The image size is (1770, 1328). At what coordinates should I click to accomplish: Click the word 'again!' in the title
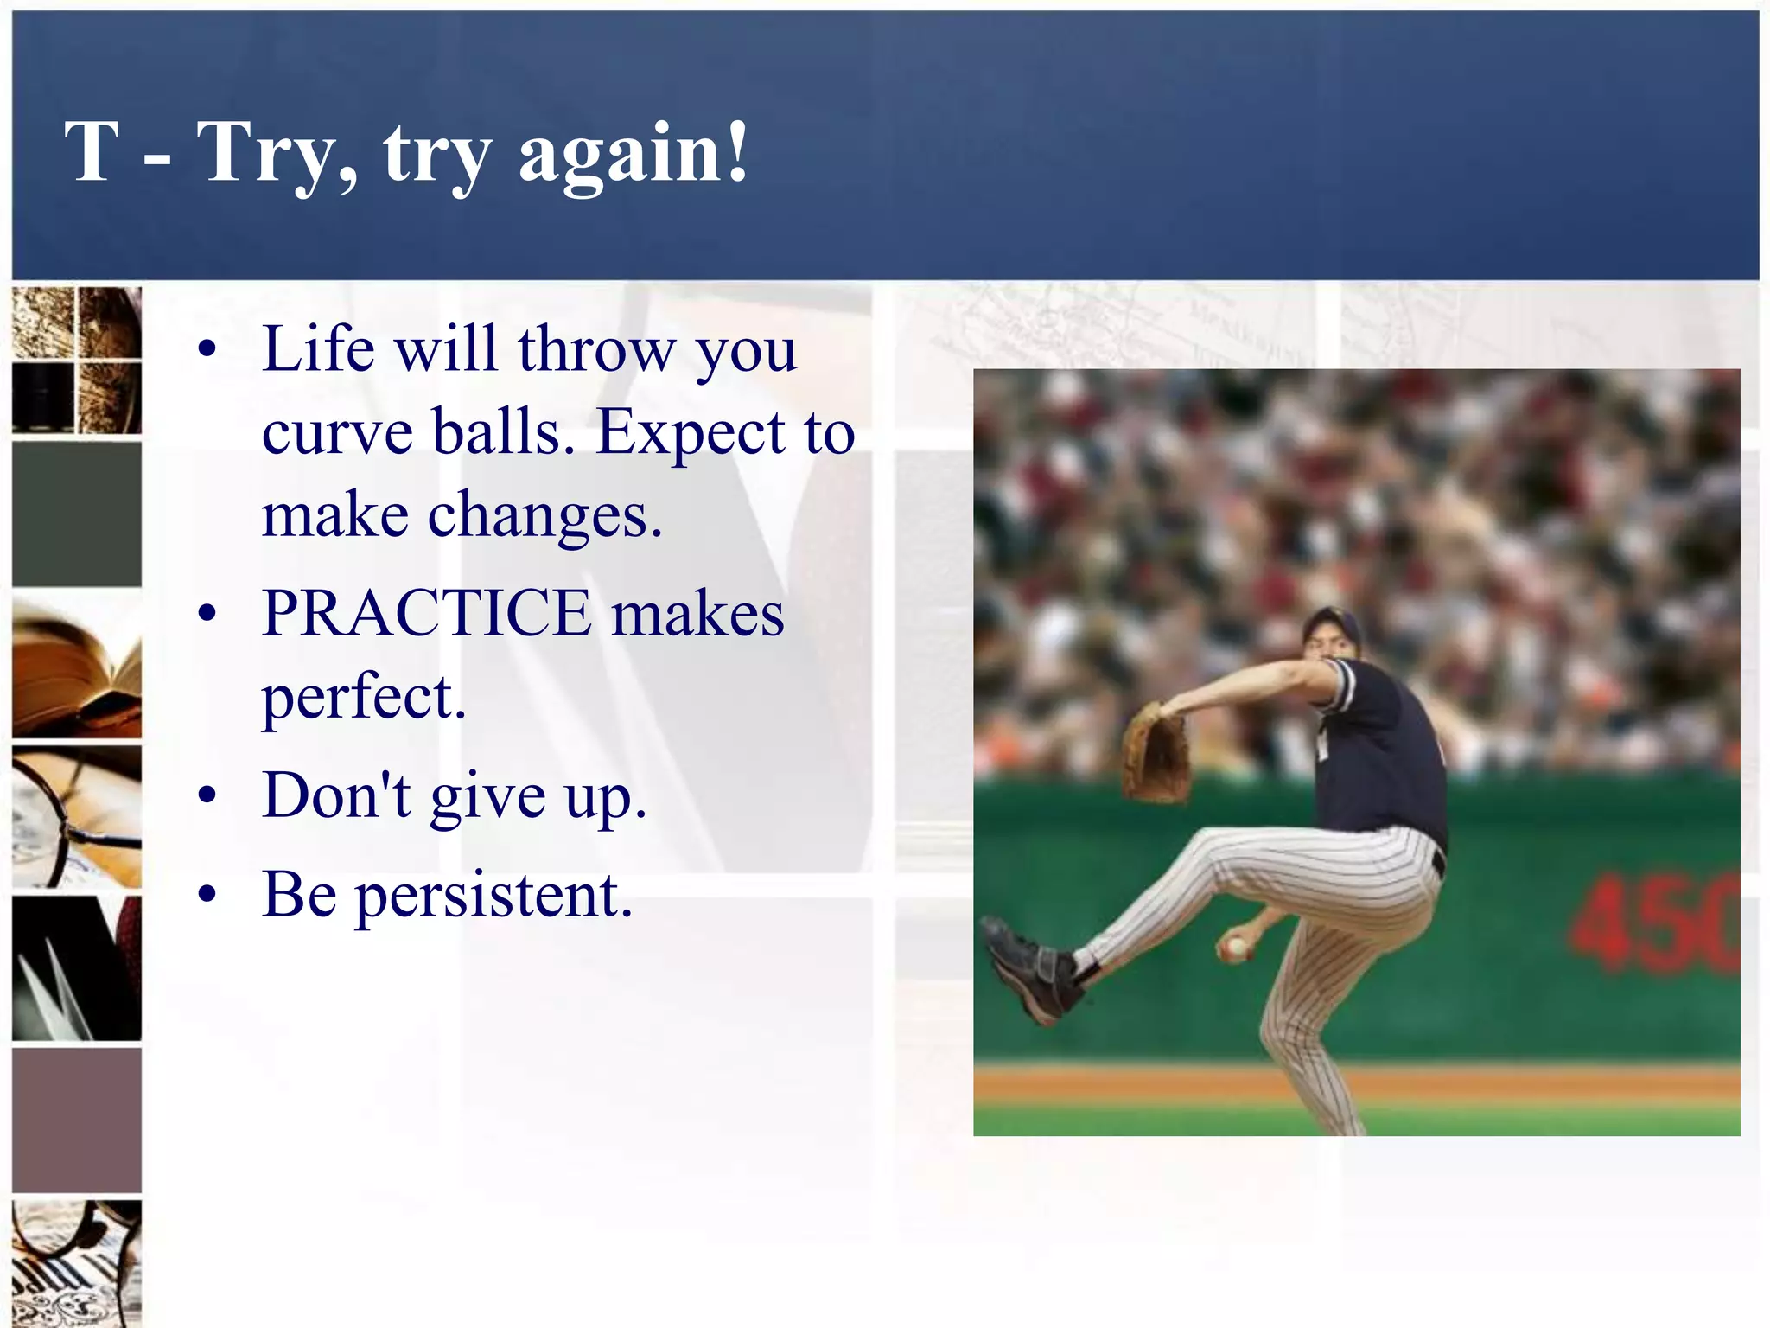(634, 154)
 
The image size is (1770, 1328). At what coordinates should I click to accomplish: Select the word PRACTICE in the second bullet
(427, 613)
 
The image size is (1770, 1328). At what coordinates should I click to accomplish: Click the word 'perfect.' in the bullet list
(364, 697)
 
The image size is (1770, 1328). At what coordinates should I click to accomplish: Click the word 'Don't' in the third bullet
(336, 795)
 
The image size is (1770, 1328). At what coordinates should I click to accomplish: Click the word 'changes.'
(545, 516)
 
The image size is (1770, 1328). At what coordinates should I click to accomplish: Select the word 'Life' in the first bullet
(318, 349)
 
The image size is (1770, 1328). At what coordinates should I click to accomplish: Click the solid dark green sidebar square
(77, 514)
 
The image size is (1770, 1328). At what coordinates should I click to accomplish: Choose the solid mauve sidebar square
(77, 1120)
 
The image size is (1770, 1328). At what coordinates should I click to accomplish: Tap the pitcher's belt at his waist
(1437, 862)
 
